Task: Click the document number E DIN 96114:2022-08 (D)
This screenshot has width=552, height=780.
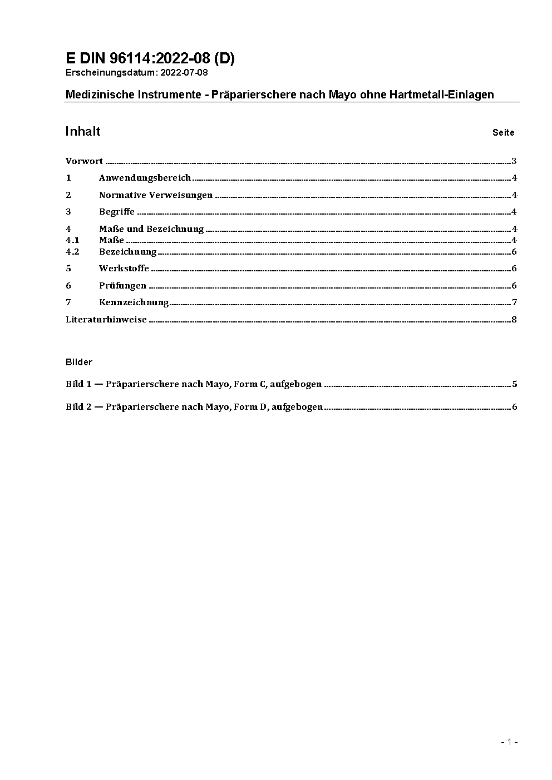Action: tap(150, 58)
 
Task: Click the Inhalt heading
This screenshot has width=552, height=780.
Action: tap(83, 131)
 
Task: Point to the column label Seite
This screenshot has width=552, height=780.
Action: tap(503, 133)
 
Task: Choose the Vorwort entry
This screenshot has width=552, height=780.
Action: tap(84, 161)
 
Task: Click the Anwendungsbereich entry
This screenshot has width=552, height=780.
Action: tap(145, 178)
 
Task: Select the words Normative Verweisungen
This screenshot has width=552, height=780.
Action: tap(156, 195)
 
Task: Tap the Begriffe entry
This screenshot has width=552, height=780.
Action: tap(117, 212)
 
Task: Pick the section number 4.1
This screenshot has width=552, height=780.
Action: tap(72, 240)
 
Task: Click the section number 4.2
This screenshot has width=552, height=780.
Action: tap(72, 252)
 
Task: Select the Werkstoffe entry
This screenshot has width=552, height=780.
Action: tap(124, 269)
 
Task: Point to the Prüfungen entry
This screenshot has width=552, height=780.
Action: tap(122, 286)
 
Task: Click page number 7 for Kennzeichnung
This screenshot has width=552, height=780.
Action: tap(515, 302)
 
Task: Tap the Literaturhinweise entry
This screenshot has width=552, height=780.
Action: tap(106, 320)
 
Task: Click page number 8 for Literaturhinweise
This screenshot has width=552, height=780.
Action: tap(514, 320)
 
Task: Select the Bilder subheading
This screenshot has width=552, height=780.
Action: tap(79, 362)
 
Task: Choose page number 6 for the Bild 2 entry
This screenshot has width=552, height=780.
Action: tap(515, 407)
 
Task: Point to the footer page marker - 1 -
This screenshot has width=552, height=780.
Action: tap(510, 742)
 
